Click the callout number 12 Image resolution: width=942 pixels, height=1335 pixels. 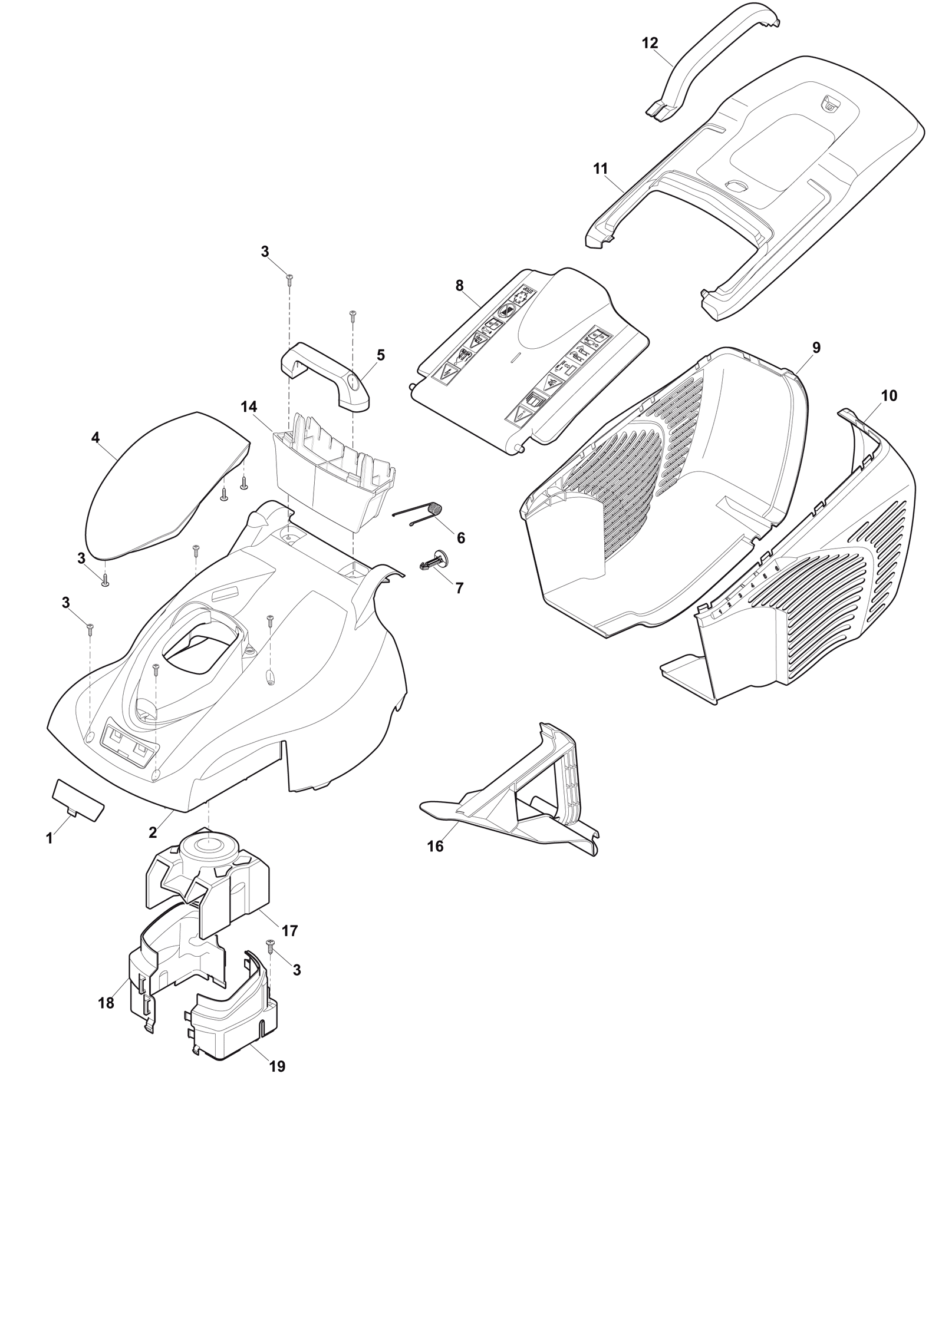pyautogui.click(x=650, y=44)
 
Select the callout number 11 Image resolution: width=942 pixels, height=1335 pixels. pyautogui.click(x=600, y=168)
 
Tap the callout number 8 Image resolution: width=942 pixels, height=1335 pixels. pyautogui.click(x=459, y=286)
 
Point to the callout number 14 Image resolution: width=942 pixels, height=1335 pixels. pyautogui.click(x=249, y=407)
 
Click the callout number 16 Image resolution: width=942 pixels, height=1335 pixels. pyautogui.click(x=435, y=847)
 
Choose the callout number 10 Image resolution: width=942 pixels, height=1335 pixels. pyautogui.click(x=889, y=396)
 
